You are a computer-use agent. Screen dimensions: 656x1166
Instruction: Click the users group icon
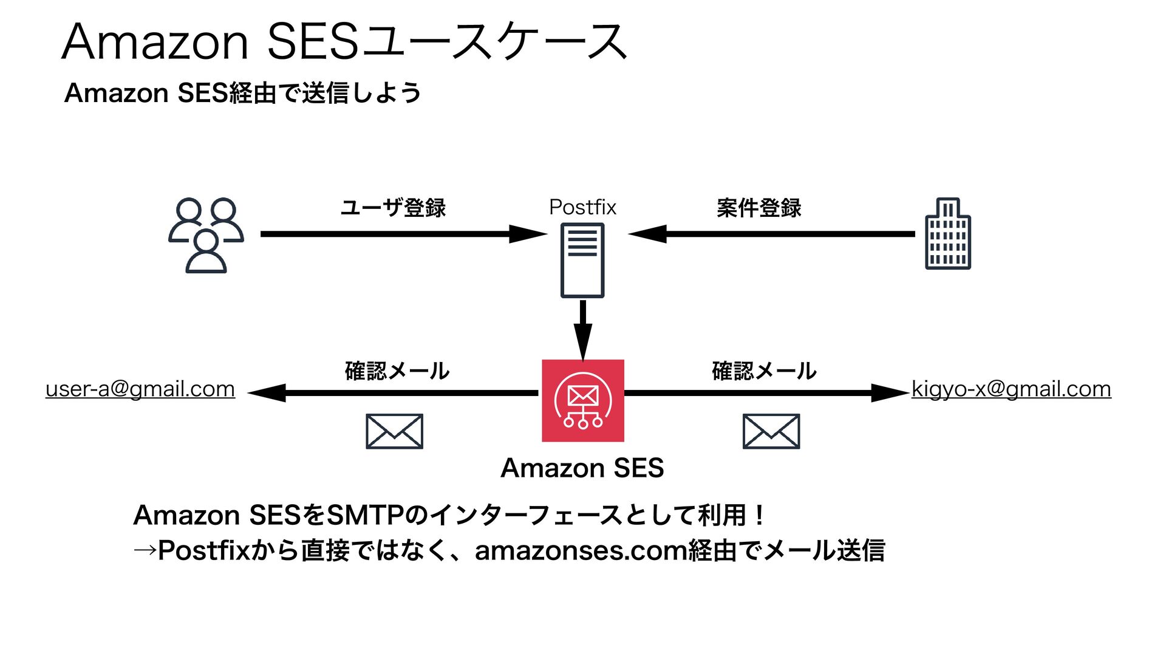tap(206, 235)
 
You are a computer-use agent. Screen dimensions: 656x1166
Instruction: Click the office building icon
tap(947, 234)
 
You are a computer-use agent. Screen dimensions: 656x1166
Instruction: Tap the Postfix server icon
tap(582, 260)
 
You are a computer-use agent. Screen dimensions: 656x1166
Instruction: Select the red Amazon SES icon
tap(583, 401)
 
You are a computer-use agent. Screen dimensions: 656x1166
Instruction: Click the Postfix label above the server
tap(582, 207)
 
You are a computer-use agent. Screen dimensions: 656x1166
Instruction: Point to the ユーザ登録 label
tap(393, 208)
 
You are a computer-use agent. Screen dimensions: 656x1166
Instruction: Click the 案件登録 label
tap(759, 208)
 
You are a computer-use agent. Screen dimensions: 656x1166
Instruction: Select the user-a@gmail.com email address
tap(140, 389)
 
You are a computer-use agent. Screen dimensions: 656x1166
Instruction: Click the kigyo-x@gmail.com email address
tap(1011, 389)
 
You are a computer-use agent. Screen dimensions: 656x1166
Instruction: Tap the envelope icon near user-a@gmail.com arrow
tap(394, 431)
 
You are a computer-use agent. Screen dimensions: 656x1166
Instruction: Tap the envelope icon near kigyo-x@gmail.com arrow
tap(771, 431)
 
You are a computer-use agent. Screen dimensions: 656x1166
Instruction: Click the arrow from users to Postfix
tap(401, 234)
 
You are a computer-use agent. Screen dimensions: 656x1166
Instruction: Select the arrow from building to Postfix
tap(771, 234)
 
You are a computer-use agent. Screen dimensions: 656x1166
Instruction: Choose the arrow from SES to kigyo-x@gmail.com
tap(765, 393)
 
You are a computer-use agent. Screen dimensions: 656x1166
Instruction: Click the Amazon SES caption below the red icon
tap(582, 468)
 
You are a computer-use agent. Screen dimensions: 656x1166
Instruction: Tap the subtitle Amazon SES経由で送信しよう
tap(242, 93)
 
